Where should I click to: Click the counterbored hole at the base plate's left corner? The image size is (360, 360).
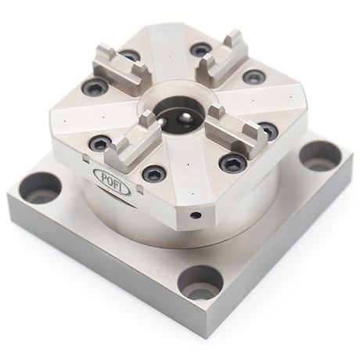39,189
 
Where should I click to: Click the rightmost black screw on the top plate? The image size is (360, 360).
267,130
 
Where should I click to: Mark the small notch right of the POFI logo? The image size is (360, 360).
137,189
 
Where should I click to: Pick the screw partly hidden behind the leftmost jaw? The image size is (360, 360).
129,56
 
